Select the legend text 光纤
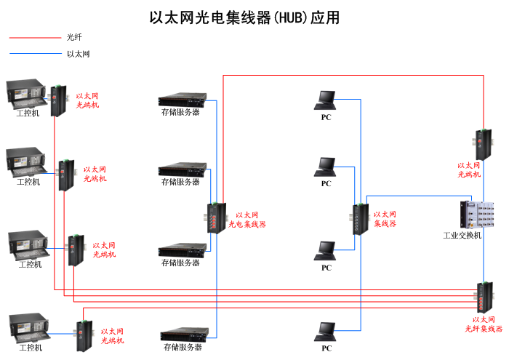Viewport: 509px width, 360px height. pyautogui.click(x=73, y=37)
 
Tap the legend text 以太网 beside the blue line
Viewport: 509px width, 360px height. pyautogui.click(x=78, y=54)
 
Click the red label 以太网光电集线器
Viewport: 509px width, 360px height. pyautogui.click(x=247, y=220)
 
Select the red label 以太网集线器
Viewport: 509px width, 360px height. pyautogui.click(x=385, y=219)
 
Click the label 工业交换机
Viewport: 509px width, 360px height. pyautogui.click(x=462, y=236)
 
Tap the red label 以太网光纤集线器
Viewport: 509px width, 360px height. pyautogui.click(x=484, y=324)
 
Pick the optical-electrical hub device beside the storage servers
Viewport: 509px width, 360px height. pyautogui.click(x=215, y=217)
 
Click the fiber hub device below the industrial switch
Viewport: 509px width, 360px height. pyautogui.click(x=484, y=295)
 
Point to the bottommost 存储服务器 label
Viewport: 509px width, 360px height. pyautogui.click(x=182, y=348)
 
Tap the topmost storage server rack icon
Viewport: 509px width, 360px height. pyautogui.click(x=180, y=100)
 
